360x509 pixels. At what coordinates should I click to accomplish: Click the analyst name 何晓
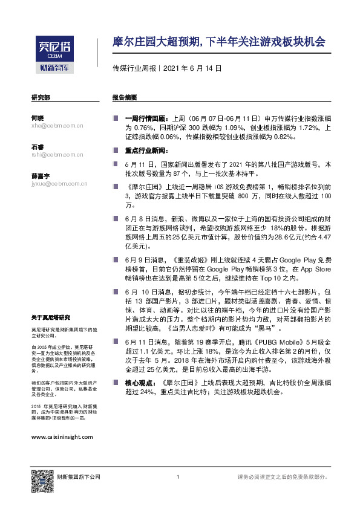(x=38, y=118)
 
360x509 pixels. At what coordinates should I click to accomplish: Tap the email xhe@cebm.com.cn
(x=57, y=126)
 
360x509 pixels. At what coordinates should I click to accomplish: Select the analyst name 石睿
(x=38, y=147)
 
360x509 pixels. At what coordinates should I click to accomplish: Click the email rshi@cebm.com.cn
(x=57, y=154)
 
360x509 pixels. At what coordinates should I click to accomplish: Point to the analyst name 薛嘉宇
(x=41, y=175)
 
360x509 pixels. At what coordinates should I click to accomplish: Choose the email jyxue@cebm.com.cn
(x=59, y=183)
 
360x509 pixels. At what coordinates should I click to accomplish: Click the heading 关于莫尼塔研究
(x=51, y=317)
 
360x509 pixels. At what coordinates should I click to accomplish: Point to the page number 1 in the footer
(x=178, y=478)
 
